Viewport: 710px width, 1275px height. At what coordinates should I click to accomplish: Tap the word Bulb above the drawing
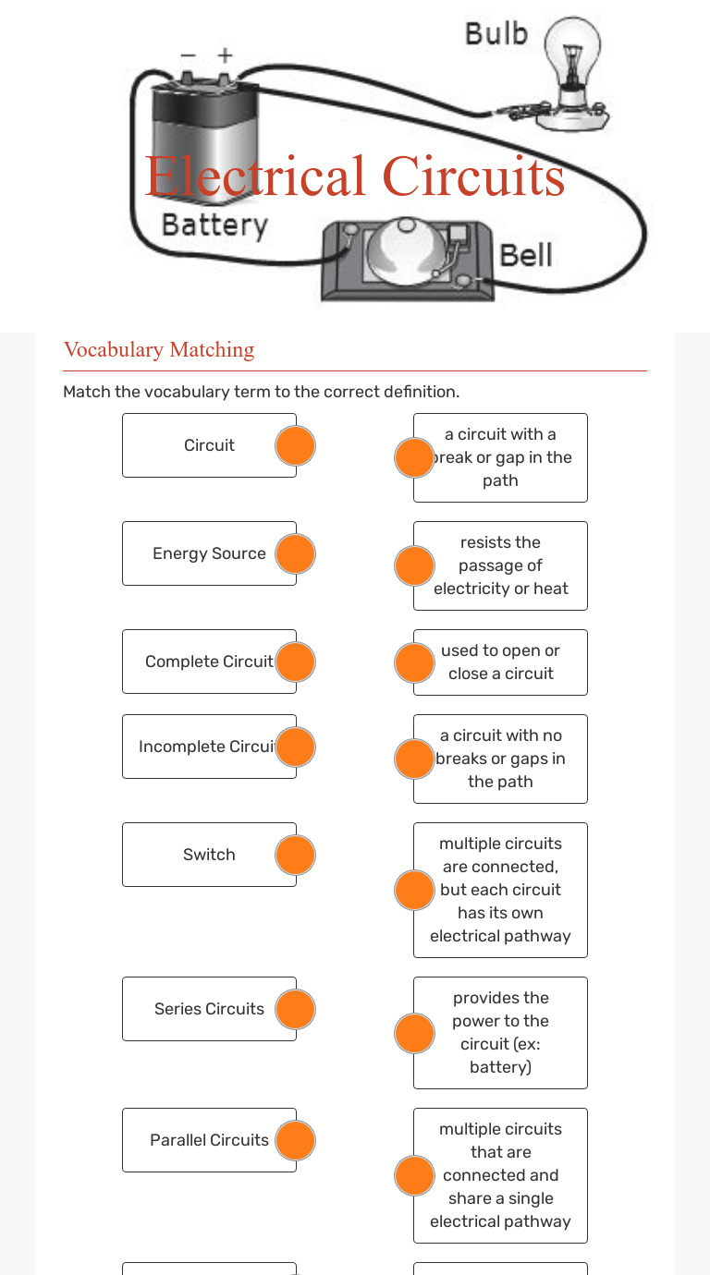496,34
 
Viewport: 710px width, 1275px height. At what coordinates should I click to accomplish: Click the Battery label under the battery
214,225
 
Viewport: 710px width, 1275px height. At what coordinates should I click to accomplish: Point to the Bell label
526,255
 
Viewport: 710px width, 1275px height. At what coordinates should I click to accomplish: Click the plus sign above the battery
225,56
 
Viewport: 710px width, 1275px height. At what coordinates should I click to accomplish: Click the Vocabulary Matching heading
159,349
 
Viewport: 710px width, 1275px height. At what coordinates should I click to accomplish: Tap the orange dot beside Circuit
296,445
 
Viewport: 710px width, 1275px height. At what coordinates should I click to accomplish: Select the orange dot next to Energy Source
296,553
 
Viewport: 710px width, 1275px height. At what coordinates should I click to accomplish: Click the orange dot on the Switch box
296,855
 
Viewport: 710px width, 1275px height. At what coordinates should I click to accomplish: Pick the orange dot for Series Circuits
296,1009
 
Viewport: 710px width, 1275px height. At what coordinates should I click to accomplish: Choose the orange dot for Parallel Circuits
296,1140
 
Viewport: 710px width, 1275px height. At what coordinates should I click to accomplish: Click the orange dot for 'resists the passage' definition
414,565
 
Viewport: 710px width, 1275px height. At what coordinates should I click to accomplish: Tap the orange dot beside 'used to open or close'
414,662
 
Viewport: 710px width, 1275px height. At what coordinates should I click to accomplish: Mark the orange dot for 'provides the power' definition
414,1033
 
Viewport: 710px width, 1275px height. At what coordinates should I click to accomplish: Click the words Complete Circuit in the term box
209,662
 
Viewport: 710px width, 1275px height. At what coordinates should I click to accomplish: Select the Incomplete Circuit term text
208,747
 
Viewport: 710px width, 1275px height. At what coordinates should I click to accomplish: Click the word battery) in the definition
500,1067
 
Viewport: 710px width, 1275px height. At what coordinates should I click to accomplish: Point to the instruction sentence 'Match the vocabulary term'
261,392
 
